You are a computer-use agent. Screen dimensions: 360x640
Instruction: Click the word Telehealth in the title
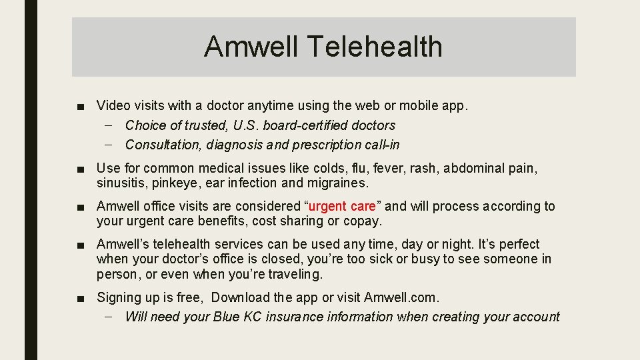[x=377, y=47]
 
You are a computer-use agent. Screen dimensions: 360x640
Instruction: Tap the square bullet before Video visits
[x=80, y=106]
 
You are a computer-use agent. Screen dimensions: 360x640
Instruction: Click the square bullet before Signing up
[x=80, y=298]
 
